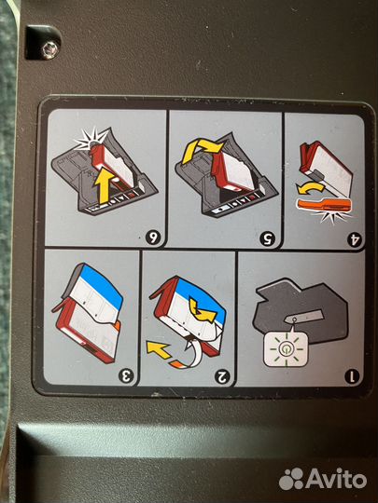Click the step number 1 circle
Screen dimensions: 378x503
point(352,376)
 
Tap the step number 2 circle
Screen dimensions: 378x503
point(222,376)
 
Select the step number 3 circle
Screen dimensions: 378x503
point(126,375)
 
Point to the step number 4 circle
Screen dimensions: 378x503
point(355,239)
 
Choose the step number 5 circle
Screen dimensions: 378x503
point(268,238)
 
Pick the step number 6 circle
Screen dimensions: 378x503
point(153,238)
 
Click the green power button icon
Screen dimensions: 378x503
point(286,349)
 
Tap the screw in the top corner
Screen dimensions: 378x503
point(50,49)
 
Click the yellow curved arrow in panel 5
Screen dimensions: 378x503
point(202,149)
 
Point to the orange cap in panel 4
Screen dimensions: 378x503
point(324,205)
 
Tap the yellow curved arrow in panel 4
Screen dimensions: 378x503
point(310,188)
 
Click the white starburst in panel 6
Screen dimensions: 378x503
point(91,140)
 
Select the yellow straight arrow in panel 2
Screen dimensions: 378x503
point(159,349)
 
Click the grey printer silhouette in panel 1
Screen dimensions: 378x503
point(301,308)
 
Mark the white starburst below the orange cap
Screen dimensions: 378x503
point(332,217)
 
